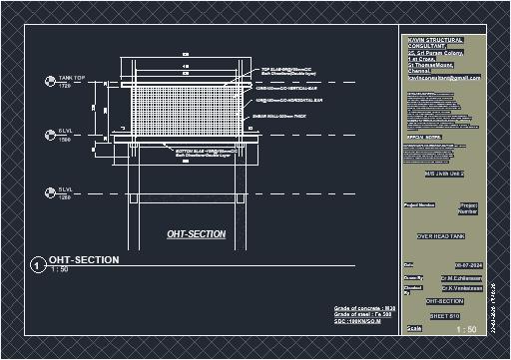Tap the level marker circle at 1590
(x=47, y=135)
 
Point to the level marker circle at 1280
(x=47, y=192)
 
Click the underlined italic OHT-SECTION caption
(x=196, y=234)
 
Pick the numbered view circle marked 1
(x=37, y=265)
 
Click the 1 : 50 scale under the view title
(x=60, y=270)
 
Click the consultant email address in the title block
(x=444, y=78)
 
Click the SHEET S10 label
(x=444, y=314)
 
